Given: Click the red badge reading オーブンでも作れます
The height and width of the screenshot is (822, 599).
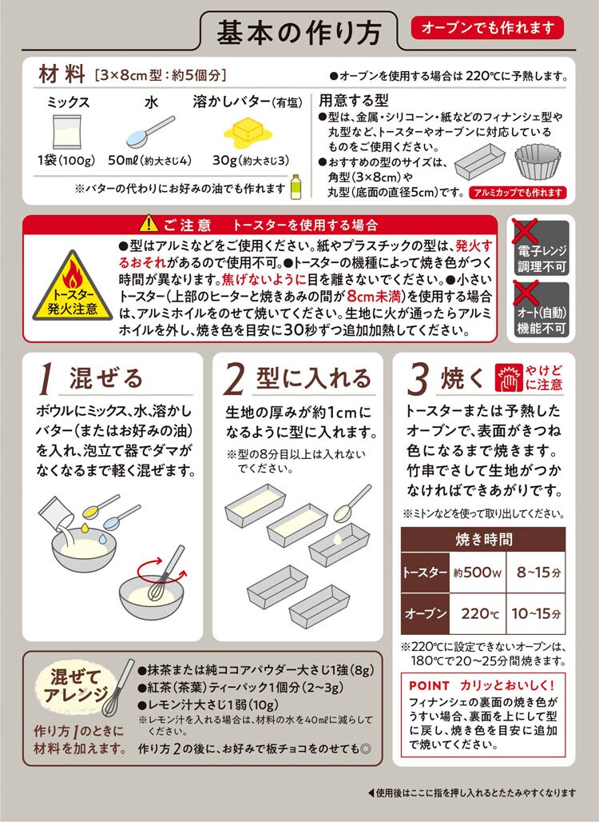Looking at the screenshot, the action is pyautogui.click(x=487, y=28).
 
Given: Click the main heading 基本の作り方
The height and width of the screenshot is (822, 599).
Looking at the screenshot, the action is pyautogui.click(x=299, y=33).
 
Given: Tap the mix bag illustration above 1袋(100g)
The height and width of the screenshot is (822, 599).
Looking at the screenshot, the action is pyautogui.click(x=67, y=132).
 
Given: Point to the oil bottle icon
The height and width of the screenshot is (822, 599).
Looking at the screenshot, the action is pyautogui.click(x=296, y=186).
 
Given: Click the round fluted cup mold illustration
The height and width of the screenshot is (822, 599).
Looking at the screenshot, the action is pyautogui.click(x=538, y=162).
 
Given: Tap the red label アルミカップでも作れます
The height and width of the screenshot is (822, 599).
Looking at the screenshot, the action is pyautogui.click(x=518, y=193).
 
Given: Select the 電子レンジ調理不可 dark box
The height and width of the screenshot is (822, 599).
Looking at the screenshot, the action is pyautogui.click(x=541, y=248).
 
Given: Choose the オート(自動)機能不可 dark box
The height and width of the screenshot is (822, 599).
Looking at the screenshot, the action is pyautogui.click(x=541, y=309).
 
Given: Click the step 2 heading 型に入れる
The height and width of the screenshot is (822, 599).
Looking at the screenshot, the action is pyautogui.click(x=314, y=378).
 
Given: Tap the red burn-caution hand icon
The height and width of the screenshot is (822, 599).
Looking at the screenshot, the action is pyautogui.click(x=509, y=378).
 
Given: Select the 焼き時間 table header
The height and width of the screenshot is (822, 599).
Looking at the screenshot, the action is pyautogui.click(x=483, y=540).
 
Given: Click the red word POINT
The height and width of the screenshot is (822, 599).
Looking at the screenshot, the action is pyautogui.click(x=429, y=686).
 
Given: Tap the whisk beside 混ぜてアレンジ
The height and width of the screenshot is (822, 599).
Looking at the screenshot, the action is pyautogui.click(x=118, y=688).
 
